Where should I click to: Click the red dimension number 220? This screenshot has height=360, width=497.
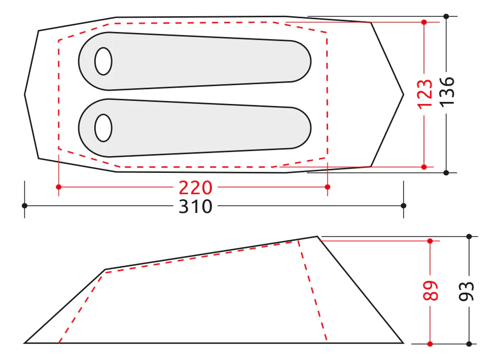pos(195,188)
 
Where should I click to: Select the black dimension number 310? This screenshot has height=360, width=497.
pos(195,207)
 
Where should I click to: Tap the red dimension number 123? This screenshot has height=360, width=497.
pos(425,94)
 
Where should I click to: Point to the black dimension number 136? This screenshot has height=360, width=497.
pos(447,91)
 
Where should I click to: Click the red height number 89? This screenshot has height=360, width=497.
pos(431,290)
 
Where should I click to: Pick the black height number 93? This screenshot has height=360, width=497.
pos(467,291)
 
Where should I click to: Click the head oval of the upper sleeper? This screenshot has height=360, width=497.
pos(103,61)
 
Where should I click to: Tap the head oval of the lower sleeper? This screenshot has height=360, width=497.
pos(103,128)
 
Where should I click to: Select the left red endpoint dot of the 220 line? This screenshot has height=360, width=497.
pos(59,187)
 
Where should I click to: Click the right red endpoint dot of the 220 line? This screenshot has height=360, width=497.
pos(328,187)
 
